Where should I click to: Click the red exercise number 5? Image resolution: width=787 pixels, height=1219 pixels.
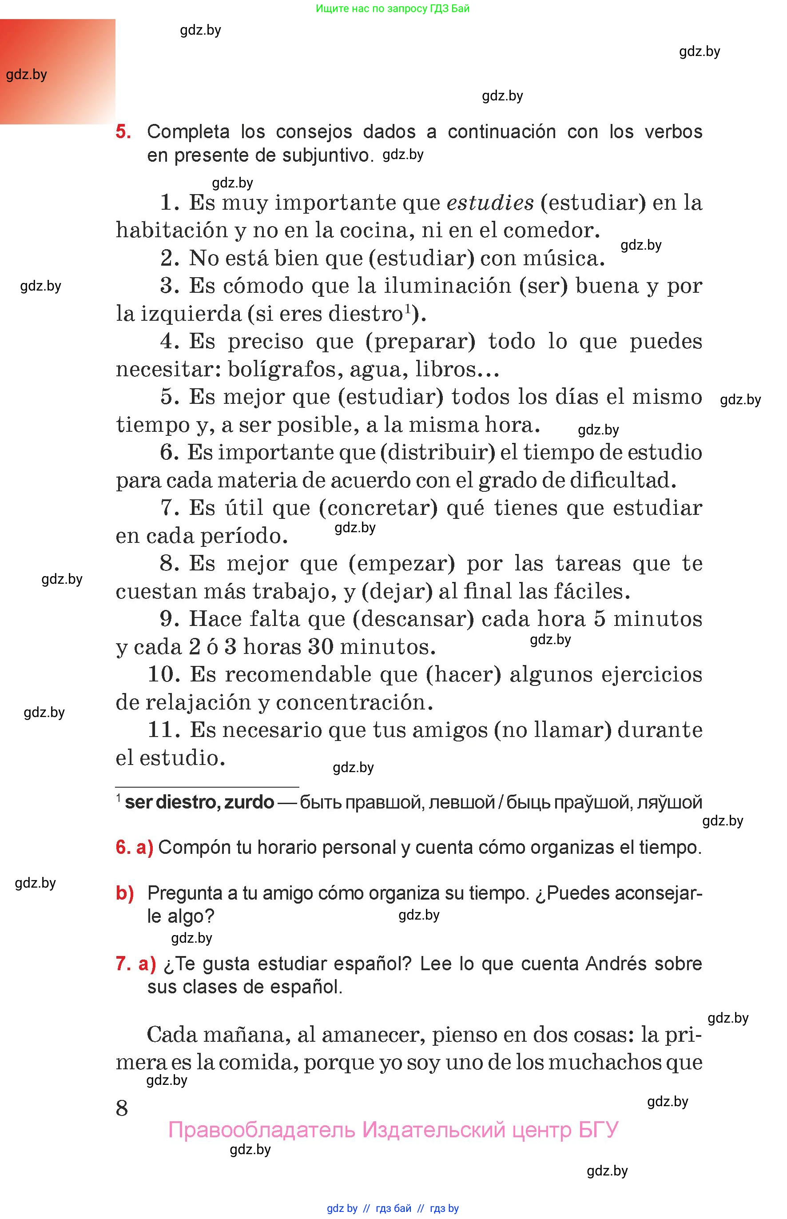pos(123,131)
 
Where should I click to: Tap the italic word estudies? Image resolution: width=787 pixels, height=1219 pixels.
pos(489,203)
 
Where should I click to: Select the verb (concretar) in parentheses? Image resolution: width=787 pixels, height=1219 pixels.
pos(378,508)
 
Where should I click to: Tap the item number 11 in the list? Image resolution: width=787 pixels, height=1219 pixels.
pos(162,729)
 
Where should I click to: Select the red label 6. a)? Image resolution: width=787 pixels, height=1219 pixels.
pos(135,848)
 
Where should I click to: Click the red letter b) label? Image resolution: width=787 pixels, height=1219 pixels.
pos(125,893)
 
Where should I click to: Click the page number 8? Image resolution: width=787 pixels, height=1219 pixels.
pos(122,1108)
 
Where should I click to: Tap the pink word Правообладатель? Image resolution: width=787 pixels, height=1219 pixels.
pos(261,1130)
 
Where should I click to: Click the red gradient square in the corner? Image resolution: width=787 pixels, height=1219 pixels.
pos(57,72)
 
